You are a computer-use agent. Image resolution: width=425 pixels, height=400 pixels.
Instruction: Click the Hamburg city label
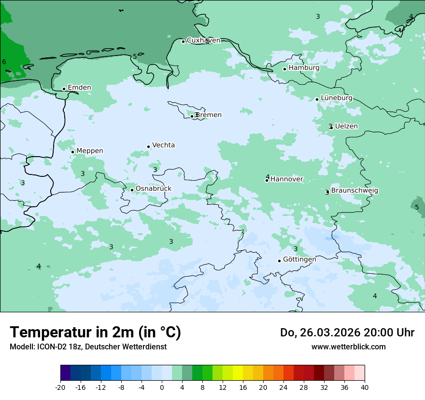click(304, 68)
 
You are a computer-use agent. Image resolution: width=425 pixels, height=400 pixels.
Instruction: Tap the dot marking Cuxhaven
click(183, 41)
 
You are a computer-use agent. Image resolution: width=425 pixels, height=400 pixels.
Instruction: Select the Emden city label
click(79, 88)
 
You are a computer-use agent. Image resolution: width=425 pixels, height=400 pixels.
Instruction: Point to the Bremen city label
click(209, 115)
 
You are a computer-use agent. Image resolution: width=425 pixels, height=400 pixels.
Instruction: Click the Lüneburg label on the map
click(337, 98)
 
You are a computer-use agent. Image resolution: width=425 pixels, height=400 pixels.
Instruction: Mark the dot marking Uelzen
click(331, 128)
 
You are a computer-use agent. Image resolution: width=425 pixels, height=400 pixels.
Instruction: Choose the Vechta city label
click(163, 146)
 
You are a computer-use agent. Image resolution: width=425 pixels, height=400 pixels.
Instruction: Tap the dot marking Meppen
click(72, 152)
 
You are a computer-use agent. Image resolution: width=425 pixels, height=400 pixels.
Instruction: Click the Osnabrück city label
click(153, 189)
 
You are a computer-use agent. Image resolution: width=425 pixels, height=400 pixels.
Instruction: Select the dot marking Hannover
click(267, 180)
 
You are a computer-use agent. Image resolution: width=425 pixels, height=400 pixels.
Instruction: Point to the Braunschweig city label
click(354, 191)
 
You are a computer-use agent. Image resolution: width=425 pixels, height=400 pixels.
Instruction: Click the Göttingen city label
click(299, 260)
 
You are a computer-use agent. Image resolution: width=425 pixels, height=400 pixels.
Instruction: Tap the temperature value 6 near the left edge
click(4, 62)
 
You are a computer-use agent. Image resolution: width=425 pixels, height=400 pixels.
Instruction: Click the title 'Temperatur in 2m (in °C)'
click(95, 333)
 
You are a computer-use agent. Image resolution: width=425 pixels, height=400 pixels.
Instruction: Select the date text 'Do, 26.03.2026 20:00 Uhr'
click(347, 333)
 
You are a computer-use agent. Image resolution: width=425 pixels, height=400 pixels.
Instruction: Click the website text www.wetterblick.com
click(348, 347)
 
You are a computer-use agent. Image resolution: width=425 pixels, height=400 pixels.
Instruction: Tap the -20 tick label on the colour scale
click(60, 387)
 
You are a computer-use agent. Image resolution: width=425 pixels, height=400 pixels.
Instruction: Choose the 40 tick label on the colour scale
click(364, 387)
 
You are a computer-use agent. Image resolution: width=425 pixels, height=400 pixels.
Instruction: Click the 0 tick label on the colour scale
click(162, 387)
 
